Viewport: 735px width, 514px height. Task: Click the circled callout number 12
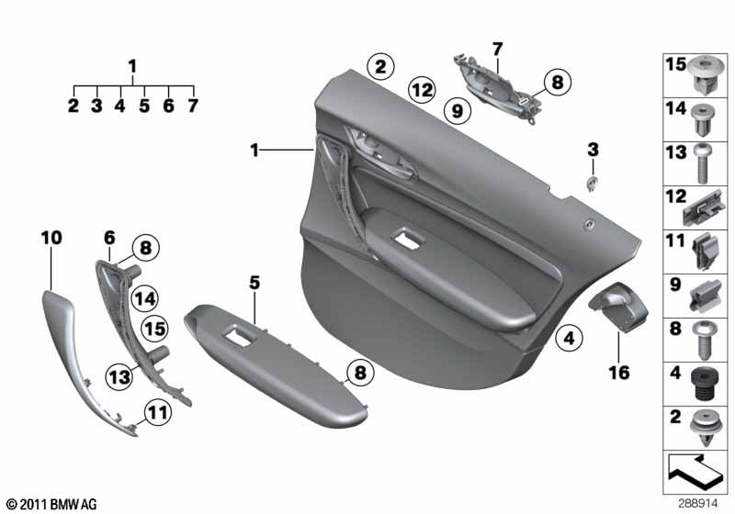(422, 90)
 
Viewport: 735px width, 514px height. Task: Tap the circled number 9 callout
(457, 111)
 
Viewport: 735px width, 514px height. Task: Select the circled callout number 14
(145, 298)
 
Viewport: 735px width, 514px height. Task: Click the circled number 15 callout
(155, 329)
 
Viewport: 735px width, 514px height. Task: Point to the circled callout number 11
(157, 413)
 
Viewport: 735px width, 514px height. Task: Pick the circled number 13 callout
(120, 376)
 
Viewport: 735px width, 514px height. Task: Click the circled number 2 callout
(380, 66)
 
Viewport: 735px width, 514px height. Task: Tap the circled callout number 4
(569, 338)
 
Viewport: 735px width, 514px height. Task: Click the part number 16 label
(618, 373)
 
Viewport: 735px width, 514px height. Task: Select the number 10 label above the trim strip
(51, 238)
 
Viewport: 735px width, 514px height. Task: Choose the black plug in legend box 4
(703, 385)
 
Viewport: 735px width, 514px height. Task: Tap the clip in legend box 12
(704, 207)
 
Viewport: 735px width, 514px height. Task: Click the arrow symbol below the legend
(695, 470)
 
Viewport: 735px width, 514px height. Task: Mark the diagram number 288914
(697, 504)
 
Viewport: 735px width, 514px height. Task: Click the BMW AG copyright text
(51, 504)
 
